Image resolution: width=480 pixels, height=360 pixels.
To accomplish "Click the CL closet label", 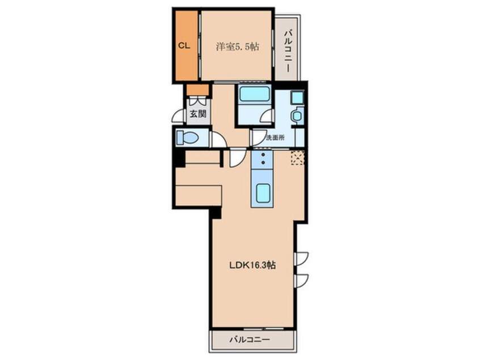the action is pyautogui.click(x=184, y=46).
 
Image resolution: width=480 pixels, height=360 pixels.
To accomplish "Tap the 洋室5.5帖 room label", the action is pyautogui.click(x=237, y=47).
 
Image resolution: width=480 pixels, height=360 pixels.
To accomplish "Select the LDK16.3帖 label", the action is pyautogui.click(x=252, y=265).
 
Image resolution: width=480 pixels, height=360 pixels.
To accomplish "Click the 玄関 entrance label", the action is pyautogui.click(x=198, y=114).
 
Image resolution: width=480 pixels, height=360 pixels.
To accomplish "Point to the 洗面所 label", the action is pyautogui.click(x=275, y=137).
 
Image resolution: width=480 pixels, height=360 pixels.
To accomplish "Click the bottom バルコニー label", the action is pyautogui.click(x=250, y=340).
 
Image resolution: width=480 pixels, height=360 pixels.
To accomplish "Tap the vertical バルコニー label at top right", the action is pyautogui.click(x=288, y=51).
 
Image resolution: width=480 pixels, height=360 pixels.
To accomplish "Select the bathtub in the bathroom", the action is pyautogui.click(x=254, y=94).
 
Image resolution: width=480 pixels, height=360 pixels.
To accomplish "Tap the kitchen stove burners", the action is pyautogui.click(x=263, y=158).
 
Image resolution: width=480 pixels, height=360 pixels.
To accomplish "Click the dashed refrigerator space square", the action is pyautogui.click(x=297, y=158).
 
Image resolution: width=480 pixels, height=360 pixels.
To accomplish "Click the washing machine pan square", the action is pyautogui.click(x=297, y=98).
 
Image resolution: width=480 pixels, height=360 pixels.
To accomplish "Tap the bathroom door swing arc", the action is pyautogui.click(x=267, y=116).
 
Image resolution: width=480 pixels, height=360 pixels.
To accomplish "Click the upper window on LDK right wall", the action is pyautogui.click(x=301, y=258).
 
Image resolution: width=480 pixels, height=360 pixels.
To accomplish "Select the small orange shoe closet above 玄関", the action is pyautogui.click(x=198, y=90).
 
